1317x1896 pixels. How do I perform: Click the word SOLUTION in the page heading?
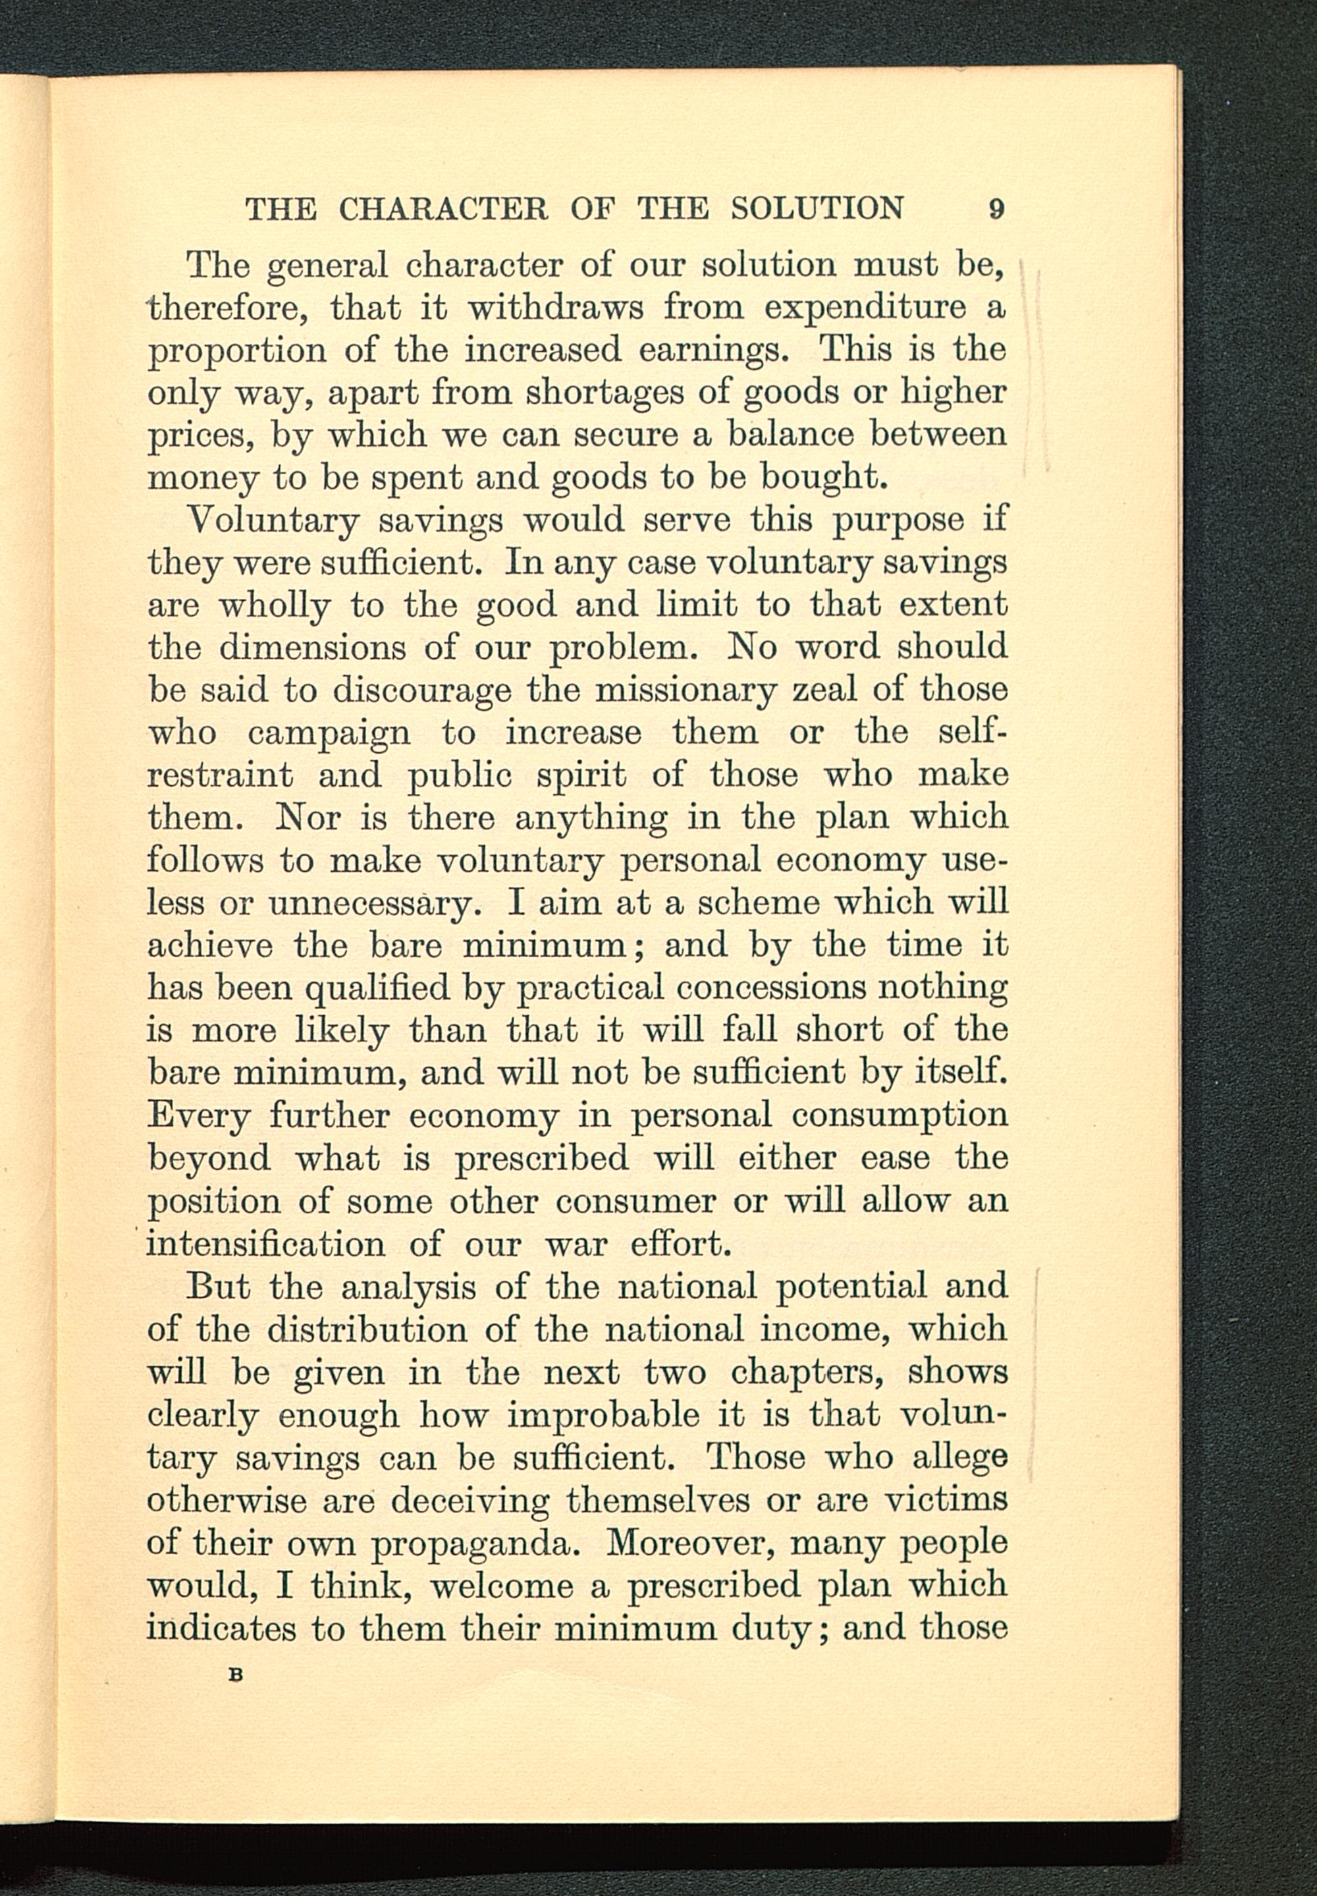point(817,209)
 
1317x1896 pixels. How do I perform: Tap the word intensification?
point(266,1244)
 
